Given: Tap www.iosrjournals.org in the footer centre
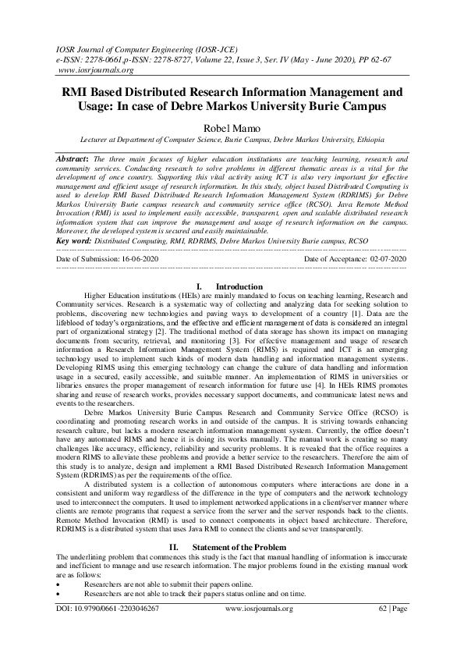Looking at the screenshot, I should (x=258, y=630).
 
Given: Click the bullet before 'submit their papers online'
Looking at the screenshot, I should (x=60, y=584).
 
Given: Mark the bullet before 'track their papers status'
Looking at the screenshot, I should (x=60, y=593).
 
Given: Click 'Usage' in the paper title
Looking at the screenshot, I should (x=82, y=105).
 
